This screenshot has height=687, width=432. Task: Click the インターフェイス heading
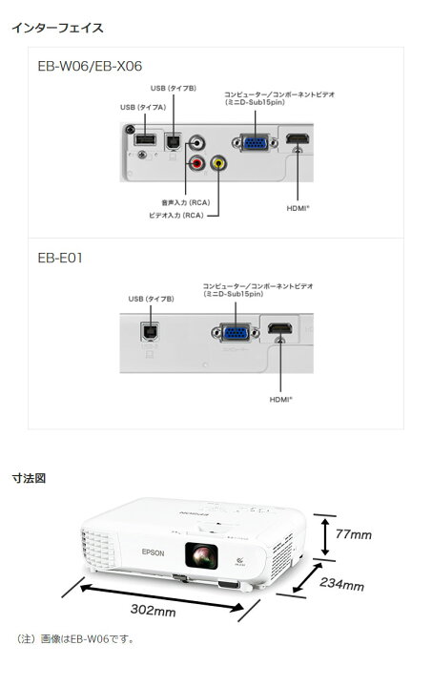click(x=57, y=28)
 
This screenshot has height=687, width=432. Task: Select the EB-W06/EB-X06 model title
click(x=90, y=66)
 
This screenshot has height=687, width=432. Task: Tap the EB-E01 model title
click(x=60, y=258)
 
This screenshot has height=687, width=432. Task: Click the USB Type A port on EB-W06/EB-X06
click(x=144, y=139)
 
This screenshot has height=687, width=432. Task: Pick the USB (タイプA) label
click(x=143, y=107)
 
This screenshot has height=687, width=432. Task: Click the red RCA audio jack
click(x=196, y=164)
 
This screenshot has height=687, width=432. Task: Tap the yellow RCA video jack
click(x=218, y=164)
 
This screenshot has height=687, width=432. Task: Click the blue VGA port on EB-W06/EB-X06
click(x=256, y=143)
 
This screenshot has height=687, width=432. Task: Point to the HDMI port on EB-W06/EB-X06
click(x=298, y=139)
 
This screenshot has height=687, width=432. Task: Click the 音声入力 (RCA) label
click(x=186, y=203)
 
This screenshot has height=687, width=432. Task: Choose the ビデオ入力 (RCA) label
click(x=176, y=216)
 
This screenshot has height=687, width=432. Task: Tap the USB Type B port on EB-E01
click(x=150, y=332)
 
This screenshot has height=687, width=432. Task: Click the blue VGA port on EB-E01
click(x=235, y=333)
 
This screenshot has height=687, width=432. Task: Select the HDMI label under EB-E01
click(x=280, y=400)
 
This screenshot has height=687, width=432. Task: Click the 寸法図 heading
click(x=29, y=478)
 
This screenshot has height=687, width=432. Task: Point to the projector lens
click(x=201, y=555)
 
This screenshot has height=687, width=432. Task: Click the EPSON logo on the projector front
click(x=154, y=552)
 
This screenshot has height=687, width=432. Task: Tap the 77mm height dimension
click(x=353, y=534)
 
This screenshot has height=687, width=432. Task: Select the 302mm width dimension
click(x=153, y=610)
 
